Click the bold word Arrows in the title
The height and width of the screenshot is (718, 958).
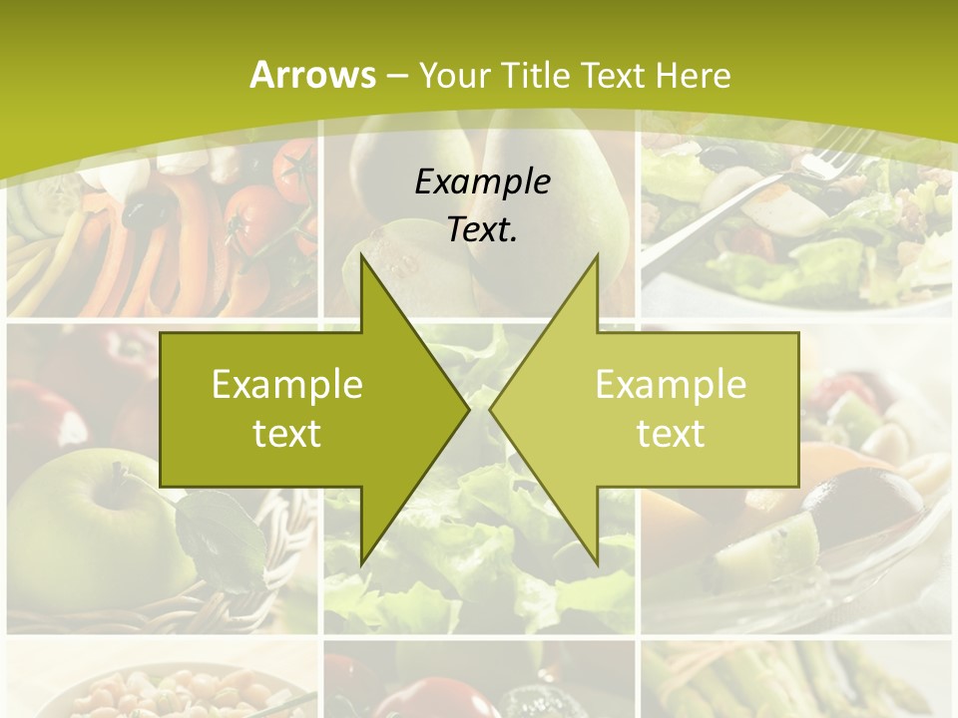click(312, 75)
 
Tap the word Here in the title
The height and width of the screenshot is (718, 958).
click(694, 75)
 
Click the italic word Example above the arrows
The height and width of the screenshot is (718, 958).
click(482, 182)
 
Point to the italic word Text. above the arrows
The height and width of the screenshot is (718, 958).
click(482, 230)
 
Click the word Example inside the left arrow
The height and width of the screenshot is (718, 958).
click(287, 385)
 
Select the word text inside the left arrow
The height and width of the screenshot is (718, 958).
click(287, 433)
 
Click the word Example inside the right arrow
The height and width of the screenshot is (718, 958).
click(671, 385)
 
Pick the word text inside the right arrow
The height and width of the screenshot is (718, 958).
click(671, 433)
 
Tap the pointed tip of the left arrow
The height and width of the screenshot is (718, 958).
click(468, 409)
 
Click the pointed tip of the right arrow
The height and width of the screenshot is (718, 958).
click(491, 409)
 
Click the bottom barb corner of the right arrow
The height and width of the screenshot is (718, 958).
click(597, 562)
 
